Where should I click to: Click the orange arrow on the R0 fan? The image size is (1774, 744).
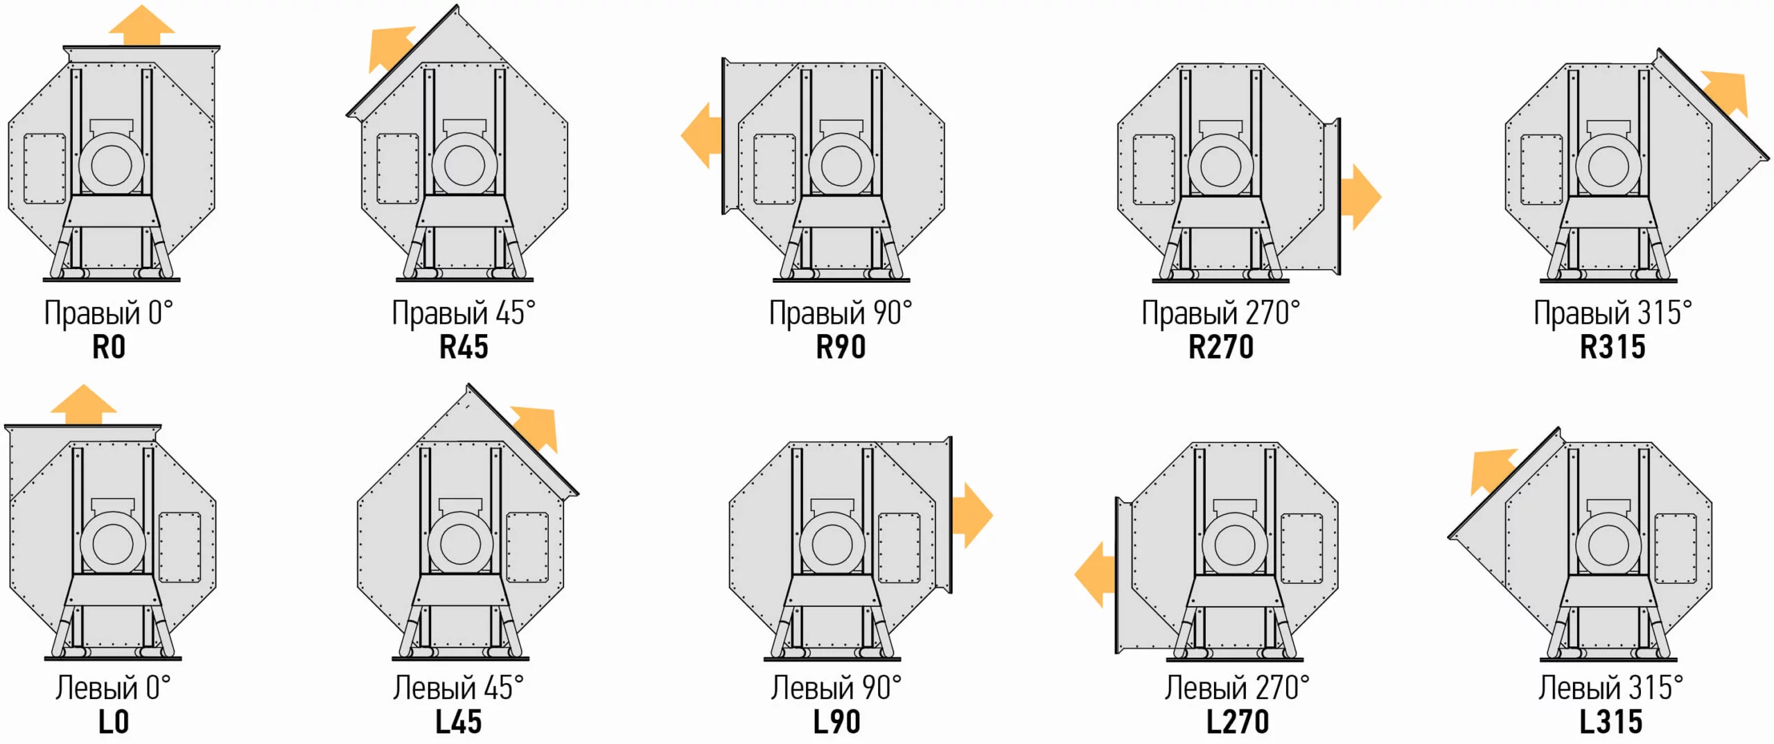click(x=142, y=26)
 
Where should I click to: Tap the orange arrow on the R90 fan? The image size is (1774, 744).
click(x=701, y=135)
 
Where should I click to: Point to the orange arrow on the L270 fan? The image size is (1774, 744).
click(x=1095, y=575)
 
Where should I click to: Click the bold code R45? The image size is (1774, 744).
click(x=464, y=347)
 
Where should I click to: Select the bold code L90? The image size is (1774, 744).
click(x=836, y=722)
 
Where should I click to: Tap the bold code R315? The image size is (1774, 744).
click(x=1613, y=347)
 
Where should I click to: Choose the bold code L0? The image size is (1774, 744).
click(x=114, y=722)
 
